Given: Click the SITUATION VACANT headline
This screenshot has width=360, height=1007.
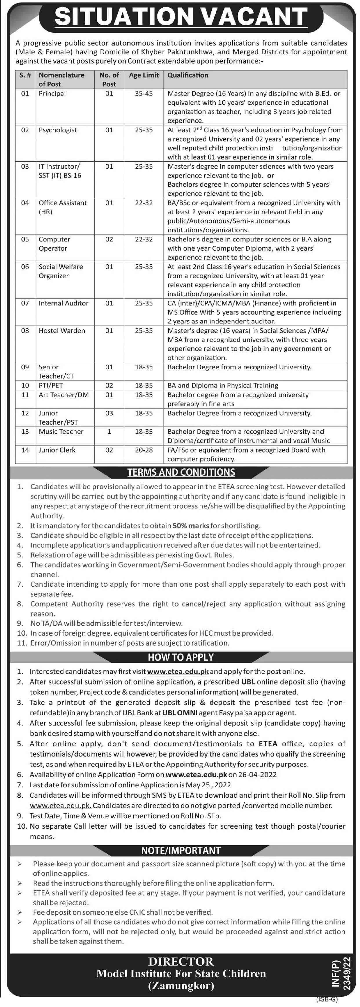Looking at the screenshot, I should pos(181,17).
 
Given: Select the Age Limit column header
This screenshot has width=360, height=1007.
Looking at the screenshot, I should pos(144,75).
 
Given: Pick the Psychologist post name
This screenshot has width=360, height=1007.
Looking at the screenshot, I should pos(58,130).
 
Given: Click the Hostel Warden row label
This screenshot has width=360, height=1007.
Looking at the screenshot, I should pos(62,330).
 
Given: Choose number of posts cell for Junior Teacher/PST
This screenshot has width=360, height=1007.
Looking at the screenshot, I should pos(109,413).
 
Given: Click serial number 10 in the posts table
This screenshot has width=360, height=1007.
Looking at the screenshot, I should pos(25,386).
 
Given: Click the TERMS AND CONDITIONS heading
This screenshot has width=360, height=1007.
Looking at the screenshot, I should pos(181,472).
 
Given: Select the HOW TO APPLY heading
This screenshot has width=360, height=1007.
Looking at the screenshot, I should pos(181,657).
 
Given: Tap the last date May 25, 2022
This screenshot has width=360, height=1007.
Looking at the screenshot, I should pos(211,785).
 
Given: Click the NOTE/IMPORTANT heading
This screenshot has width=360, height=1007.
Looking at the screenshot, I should pos(181,851).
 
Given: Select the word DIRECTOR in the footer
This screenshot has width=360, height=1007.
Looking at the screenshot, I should pos(181,961).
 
